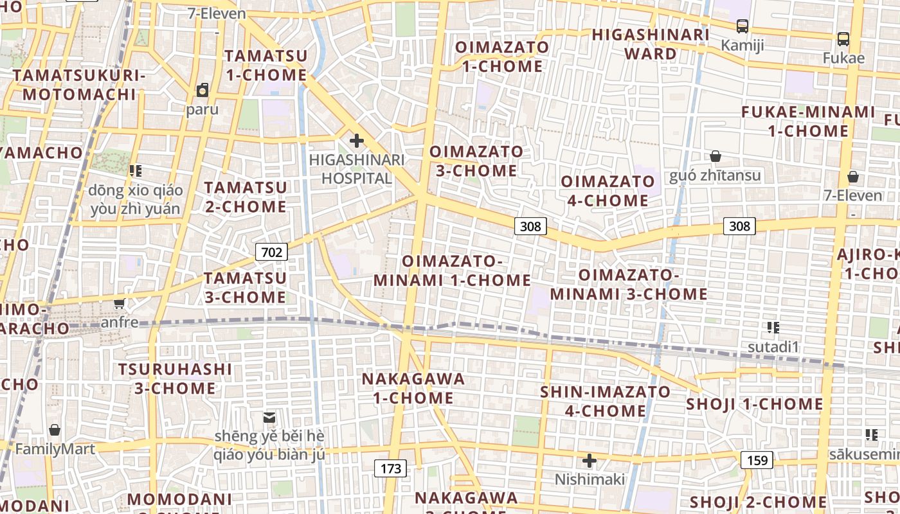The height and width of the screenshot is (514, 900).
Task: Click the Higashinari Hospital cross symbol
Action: [356, 141]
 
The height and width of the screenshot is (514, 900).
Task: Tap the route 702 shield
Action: [271, 252]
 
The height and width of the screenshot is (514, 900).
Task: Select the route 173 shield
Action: [391, 468]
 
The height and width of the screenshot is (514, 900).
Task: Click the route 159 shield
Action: [757, 460]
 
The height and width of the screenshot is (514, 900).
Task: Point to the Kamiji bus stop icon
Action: [742, 26]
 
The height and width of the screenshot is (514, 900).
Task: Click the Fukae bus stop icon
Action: [843, 39]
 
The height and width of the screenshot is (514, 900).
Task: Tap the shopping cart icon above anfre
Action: [120, 303]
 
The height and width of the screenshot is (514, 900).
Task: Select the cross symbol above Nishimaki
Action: [589, 460]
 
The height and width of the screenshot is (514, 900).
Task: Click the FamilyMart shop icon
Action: [55, 430]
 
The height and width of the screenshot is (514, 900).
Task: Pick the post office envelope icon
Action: [269, 418]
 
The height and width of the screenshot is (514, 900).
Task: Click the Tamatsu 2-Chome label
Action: [246, 197]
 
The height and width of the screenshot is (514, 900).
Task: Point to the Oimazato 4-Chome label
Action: [607, 191]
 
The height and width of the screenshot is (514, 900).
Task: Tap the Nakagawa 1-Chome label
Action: [413, 388]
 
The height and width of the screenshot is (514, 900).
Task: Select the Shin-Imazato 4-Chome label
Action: [606, 401]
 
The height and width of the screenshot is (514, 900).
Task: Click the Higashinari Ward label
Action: [651, 44]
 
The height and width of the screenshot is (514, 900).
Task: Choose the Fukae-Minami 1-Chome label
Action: [808, 121]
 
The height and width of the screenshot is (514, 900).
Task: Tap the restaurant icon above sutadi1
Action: [773, 328]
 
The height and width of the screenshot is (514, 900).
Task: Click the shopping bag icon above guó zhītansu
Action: [715, 156]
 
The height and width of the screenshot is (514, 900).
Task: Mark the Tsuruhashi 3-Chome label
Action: [175, 378]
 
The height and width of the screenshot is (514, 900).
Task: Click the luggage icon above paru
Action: [203, 89]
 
